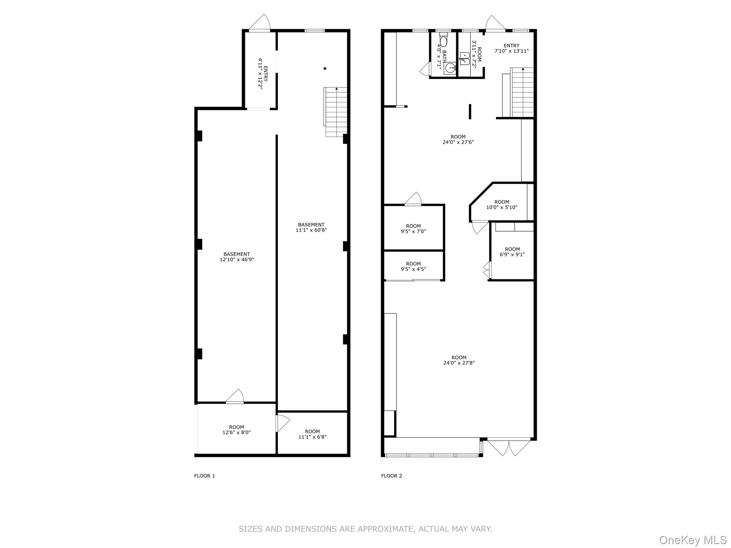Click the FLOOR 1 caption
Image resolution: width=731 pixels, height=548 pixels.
pos(205,476)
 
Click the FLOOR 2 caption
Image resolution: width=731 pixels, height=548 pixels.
pos(392,476)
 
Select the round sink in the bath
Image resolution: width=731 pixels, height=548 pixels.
pos(450,67)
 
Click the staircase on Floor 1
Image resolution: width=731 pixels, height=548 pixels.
pos(336,112)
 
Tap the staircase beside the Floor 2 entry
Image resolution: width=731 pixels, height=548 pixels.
pos(523,92)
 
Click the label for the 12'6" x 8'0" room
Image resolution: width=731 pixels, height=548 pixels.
pos(236,430)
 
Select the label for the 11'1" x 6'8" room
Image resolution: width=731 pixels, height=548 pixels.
pos(312,434)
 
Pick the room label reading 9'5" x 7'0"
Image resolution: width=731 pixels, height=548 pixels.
pos(413,228)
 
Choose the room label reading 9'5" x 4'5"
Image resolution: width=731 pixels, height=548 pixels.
pos(413,267)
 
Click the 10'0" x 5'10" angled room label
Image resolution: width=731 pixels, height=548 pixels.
pos(501,204)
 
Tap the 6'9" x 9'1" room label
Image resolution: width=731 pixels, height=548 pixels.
pos(512,252)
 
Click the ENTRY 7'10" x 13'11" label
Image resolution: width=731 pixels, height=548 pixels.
pos(511,48)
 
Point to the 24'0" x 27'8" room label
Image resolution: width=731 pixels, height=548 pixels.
pos(459,360)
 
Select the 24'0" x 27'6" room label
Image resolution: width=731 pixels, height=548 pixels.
pos(458,139)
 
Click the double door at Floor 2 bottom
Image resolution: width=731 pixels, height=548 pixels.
pos(509,447)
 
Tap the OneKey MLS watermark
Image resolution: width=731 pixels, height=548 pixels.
pos(692,539)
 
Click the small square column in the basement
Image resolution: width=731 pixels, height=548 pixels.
pos(325,68)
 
